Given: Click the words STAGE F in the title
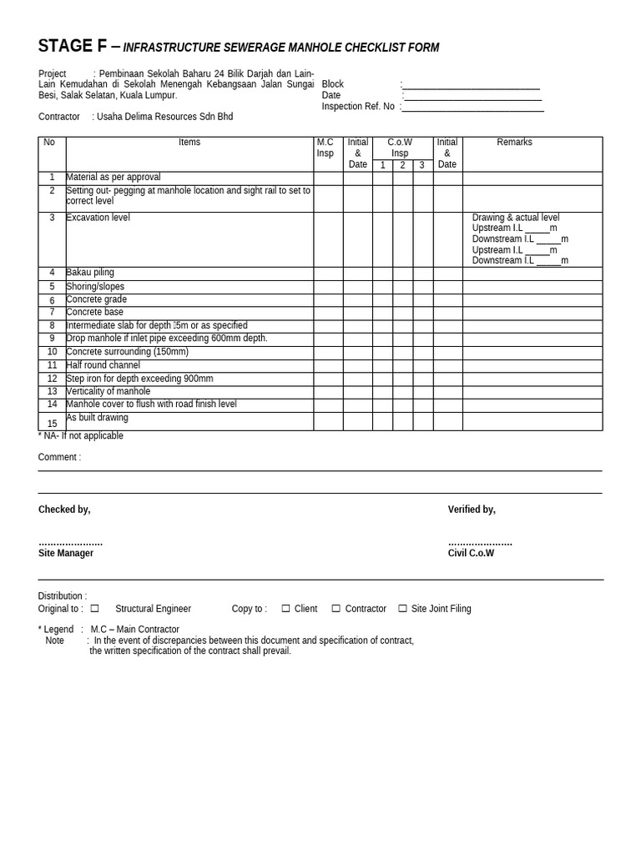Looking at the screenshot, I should click(x=73, y=47).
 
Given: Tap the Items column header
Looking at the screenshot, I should click(x=189, y=143).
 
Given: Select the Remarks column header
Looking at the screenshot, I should click(x=514, y=143).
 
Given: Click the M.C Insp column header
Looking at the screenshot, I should click(x=325, y=148).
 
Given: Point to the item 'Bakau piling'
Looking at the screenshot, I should click(x=90, y=273).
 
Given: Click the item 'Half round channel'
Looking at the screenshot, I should click(x=103, y=365).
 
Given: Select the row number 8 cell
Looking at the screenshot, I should click(x=52, y=326).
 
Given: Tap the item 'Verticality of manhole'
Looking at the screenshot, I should click(x=109, y=391).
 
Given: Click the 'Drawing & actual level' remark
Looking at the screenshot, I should click(x=516, y=218).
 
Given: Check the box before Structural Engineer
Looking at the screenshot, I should click(x=94, y=609).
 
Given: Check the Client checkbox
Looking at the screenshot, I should click(x=285, y=609).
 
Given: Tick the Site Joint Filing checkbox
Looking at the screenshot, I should click(x=402, y=609).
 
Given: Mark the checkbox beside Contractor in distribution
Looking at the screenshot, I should click(x=336, y=609).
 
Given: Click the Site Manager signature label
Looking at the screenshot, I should click(x=66, y=553).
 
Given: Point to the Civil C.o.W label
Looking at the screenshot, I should click(x=471, y=553).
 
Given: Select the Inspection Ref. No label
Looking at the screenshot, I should click(x=358, y=107).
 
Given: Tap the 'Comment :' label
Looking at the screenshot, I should click(x=59, y=457).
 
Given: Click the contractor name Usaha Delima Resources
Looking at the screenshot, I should click(x=164, y=117).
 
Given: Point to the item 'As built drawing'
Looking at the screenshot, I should click(x=97, y=418).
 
